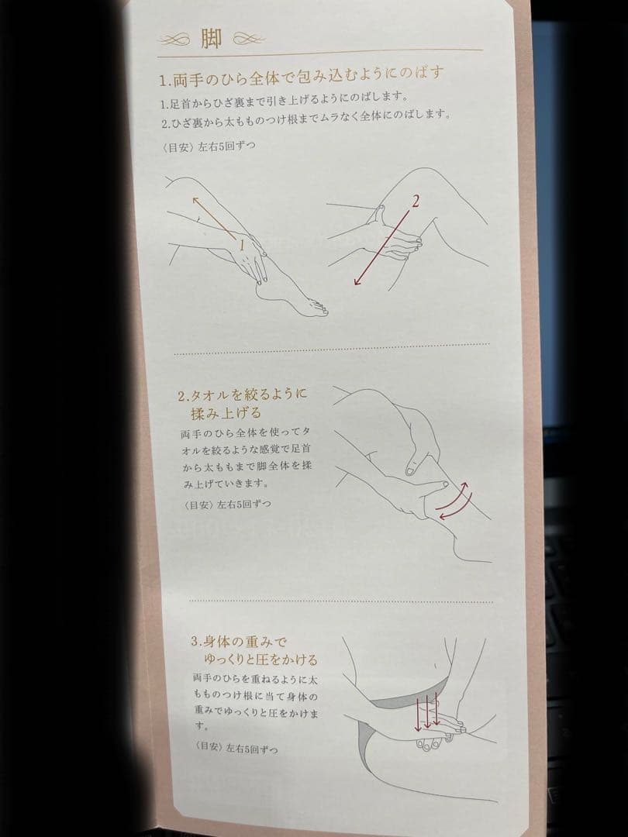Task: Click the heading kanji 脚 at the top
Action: [211, 40]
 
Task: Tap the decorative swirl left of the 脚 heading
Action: [178, 40]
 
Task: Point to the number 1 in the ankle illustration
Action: [242, 243]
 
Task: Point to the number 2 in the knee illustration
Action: [416, 202]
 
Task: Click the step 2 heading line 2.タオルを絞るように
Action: [243, 394]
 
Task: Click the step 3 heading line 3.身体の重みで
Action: [239, 642]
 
